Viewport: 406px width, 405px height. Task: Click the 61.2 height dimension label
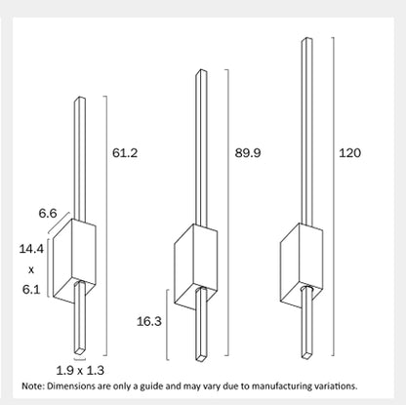click(x=125, y=152)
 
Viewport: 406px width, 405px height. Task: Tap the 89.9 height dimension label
click(x=248, y=152)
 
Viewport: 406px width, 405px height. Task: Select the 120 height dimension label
click(x=349, y=152)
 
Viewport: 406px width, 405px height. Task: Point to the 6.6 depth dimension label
click(x=48, y=213)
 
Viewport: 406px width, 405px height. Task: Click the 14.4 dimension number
click(x=31, y=249)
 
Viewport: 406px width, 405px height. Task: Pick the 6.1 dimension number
click(x=31, y=289)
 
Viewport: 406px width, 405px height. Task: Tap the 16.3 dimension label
click(x=149, y=321)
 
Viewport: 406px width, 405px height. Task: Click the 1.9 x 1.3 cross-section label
click(x=80, y=370)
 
